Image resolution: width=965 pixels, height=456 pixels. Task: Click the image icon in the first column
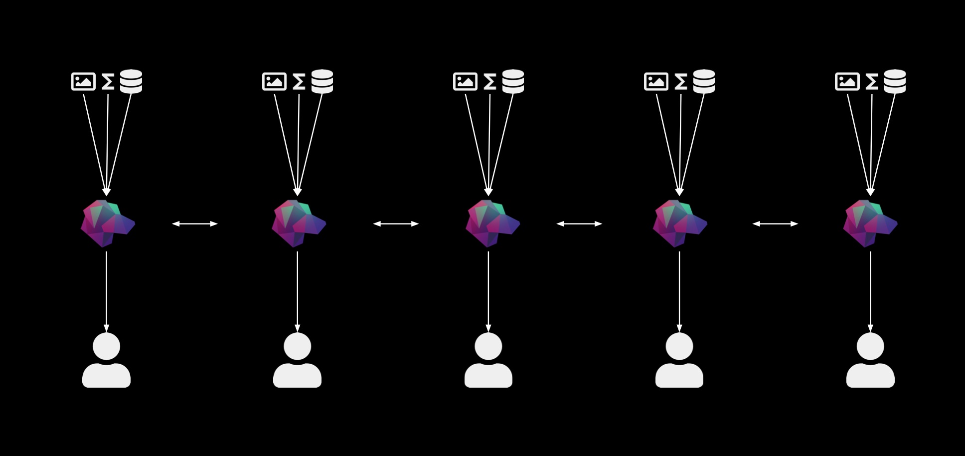click(x=83, y=81)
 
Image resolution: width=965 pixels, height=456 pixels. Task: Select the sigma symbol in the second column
click(x=299, y=82)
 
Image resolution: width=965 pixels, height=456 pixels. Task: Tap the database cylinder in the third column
click(x=513, y=81)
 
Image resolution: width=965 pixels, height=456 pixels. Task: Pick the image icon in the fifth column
click(x=847, y=81)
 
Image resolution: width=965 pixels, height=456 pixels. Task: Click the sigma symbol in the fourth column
click(x=680, y=82)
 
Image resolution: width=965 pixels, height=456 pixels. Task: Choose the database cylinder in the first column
click(x=131, y=81)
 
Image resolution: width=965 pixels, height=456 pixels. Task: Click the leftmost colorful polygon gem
click(x=107, y=224)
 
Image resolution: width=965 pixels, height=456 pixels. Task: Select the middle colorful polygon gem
click(x=491, y=224)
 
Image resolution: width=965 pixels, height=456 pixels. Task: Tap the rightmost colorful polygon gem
click(x=869, y=224)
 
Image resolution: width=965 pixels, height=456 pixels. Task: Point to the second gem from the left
click(x=298, y=224)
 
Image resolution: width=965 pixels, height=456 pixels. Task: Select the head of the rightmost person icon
click(x=870, y=346)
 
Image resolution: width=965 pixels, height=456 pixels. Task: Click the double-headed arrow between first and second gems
click(x=195, y=224)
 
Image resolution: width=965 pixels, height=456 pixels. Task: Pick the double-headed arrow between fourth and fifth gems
click(x=775, y=224)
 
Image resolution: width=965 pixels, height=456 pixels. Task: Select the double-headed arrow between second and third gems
click(x=396, y=224)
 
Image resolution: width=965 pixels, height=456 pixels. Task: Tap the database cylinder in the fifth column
click(x=895, y=81)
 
